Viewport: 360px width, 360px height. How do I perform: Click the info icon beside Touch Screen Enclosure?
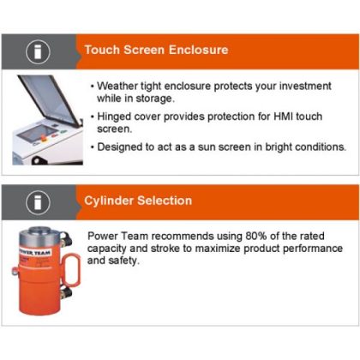tap(36, 51)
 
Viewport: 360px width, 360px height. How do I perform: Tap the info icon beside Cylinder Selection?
tap(36, 201)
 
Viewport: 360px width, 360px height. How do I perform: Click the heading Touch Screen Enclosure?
tap(156, 50)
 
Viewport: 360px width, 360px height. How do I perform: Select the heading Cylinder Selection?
tap(138, 201)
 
